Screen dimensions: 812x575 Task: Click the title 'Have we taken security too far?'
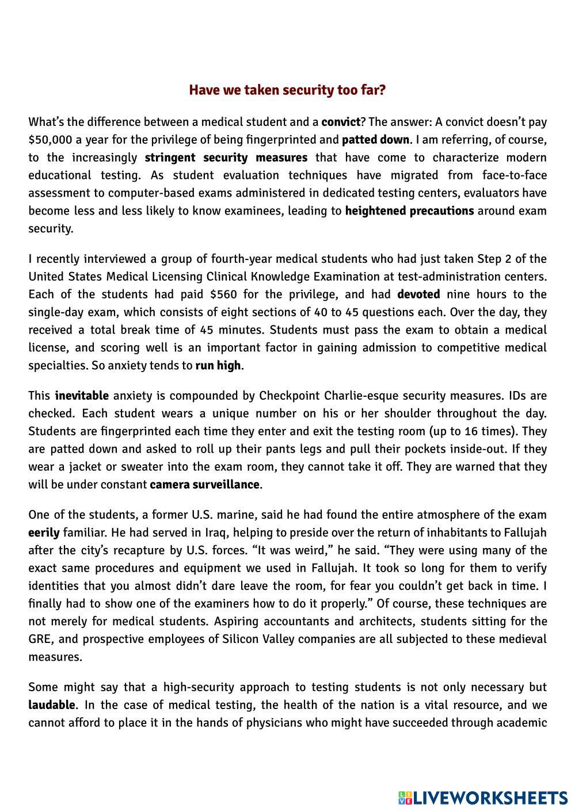tap(287, 90)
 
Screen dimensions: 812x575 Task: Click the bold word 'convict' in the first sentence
tap(341, 122)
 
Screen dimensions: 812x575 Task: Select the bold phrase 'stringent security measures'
tap(226, 158)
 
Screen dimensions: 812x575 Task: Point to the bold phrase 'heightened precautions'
tap(409, 210)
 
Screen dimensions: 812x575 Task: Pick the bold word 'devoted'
tap(418, 294)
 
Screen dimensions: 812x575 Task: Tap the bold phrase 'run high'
tap(218, 366)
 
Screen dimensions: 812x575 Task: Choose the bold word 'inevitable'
tap(82, 396)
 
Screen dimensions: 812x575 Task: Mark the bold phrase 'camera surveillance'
tap(204, 484)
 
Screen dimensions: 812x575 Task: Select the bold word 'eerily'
tap(44, 533)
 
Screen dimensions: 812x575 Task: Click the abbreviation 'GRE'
tap(40, 639)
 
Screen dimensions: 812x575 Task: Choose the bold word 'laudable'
tap(52, 705)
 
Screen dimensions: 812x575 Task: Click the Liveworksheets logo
tap(482, 798)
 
